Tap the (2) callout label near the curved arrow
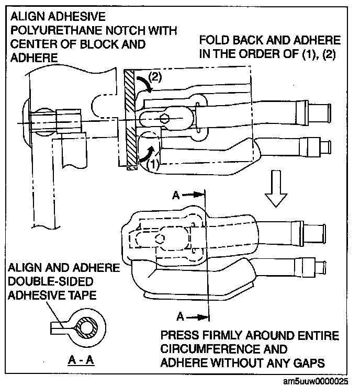(154, 76)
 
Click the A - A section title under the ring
(80, 360)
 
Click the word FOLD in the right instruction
(213, 40)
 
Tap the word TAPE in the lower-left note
(83, 295)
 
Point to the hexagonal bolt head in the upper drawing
(164, 118)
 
